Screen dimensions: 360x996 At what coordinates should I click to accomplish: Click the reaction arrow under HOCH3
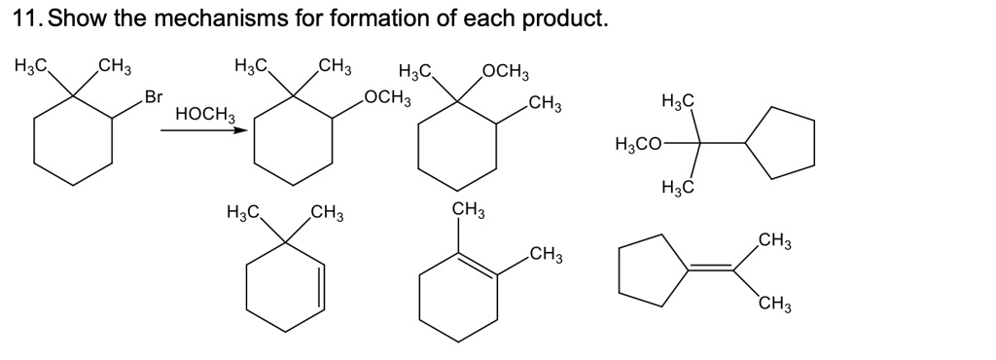[199, 131]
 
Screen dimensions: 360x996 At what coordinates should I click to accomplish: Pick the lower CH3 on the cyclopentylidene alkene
[774, 307]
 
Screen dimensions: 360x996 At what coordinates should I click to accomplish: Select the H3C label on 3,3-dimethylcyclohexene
[241, 211]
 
